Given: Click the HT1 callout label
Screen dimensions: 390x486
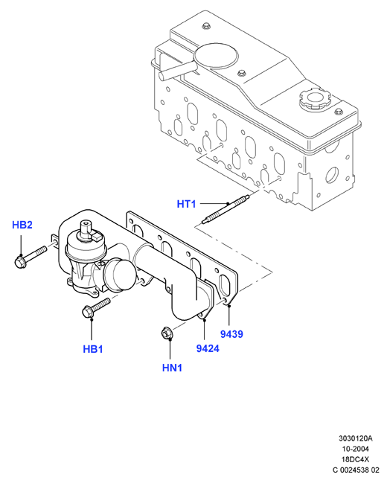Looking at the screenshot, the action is click(x=186, y=204).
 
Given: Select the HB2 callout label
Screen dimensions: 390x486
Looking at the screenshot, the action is click(x=22, y=225).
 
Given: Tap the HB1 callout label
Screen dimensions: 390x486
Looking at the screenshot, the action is click(x=93, y=349).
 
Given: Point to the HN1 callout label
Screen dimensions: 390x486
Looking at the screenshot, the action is click(x=172, y=368).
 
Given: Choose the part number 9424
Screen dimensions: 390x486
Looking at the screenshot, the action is click(x=208, y=348).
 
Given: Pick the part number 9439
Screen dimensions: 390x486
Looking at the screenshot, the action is click(x=231, y=334).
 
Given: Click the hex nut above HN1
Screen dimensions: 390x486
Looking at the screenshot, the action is click(x=167, y=334).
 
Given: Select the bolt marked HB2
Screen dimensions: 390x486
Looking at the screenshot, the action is click(x=30, y=256).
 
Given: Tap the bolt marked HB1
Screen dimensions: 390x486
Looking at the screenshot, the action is click(x=96, y=307).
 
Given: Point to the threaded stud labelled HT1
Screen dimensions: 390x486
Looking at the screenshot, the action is click(x=225, y=208).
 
